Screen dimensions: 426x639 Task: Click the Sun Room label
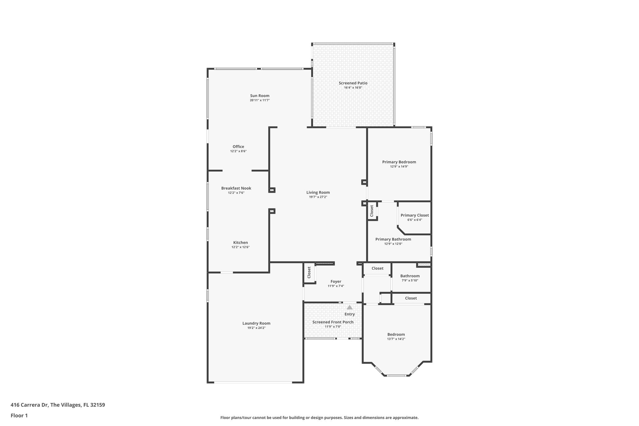[x=260, y=96]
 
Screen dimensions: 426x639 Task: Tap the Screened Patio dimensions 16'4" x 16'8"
[x=353, y=88]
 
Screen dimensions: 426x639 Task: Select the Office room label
[x=238, y=147]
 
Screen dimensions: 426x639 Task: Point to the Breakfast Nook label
[x=236, y=188]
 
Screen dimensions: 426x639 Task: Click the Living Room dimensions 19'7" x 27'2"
[x=318, y=197]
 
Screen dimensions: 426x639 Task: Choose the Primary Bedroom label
[x=399, y=162]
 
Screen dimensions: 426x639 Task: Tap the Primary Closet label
[x=415, y=215]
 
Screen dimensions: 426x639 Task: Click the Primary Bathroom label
[x=393, y=239]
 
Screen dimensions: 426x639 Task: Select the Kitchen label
[x=241, y=242]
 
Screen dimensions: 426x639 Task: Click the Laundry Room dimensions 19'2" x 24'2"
[x=256, y=328]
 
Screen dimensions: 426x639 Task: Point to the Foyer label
[x=336, y=282]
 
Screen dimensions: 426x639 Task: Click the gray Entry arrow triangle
[x=349, y=307]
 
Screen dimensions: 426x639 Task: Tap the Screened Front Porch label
[x=333, y=322]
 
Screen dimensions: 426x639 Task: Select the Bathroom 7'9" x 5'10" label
[x=410, y=276]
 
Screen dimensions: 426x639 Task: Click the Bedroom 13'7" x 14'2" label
[x=396, y=335]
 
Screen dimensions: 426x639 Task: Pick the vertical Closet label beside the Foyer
[x=309, y=272]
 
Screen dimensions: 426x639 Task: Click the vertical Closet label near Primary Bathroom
[x=372, y=211]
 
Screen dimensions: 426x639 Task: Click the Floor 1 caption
[x=19, y=415]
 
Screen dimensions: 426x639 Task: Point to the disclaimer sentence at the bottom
[x=319, y=418]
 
